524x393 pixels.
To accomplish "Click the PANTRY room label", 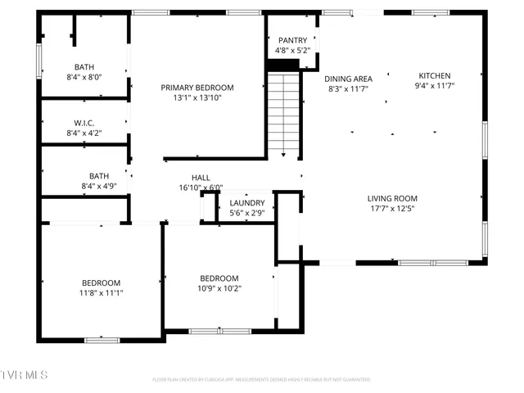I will (292, 40).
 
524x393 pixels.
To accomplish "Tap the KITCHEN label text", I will (434, 75).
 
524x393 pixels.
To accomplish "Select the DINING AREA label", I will (348, 79).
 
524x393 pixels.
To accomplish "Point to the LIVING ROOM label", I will (392, 198).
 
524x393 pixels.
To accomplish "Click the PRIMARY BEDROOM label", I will (196, 88).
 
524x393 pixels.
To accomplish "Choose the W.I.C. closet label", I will (84, 123).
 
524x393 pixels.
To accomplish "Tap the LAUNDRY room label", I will (246, 203).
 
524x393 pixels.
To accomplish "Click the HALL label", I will (201, 178).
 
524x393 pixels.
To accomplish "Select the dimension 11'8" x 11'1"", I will (101, 292).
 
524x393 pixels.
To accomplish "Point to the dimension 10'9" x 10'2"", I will (219, 288).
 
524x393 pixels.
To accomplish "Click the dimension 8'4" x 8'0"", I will (84, 77).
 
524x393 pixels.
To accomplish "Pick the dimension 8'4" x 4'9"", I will (99, 186).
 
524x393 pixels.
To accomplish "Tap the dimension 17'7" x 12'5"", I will (392, 208).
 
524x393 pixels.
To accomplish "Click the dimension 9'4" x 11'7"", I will (434, 85).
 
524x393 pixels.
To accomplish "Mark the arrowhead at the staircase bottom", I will (283, 154).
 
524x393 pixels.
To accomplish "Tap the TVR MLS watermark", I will (25, 375).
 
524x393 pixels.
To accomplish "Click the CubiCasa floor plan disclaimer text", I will (261, 380).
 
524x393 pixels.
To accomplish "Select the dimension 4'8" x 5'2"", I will (292, 51).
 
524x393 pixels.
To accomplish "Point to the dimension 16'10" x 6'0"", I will (201, 187).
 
